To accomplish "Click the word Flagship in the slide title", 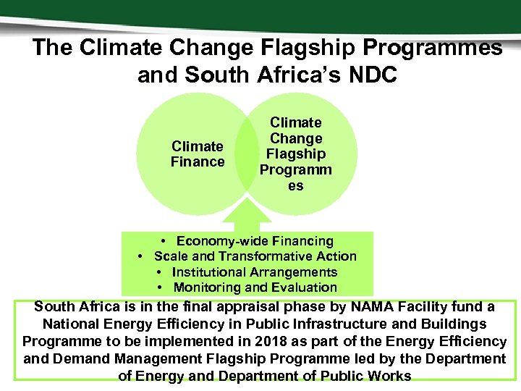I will (311, 48).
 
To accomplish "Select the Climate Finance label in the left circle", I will (197, 154).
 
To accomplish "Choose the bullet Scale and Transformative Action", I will (255, 256).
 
